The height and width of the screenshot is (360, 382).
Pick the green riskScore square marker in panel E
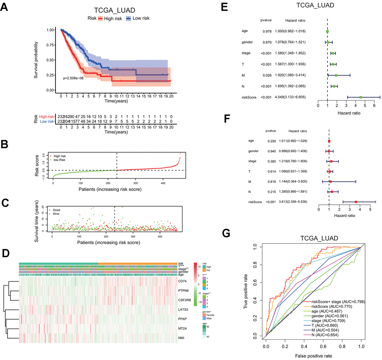pos(361,97)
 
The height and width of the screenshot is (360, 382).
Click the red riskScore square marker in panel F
pos(356,202)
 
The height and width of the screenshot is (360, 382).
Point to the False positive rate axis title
pos(313,355)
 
